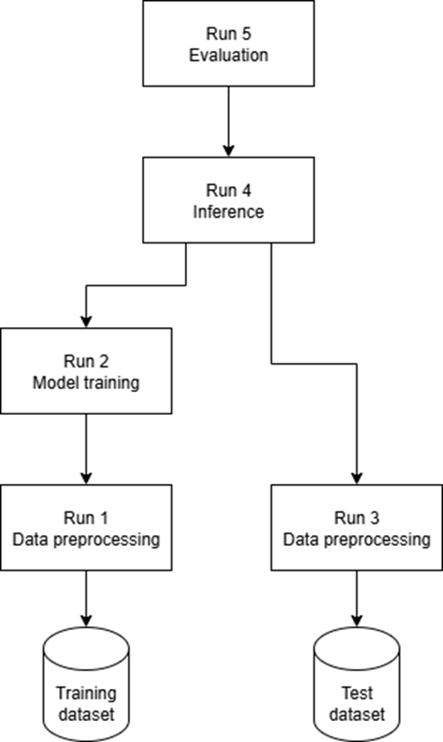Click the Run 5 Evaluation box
(229, 44)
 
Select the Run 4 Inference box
(229, 201)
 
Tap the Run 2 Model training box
(86, 371)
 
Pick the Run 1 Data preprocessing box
(86, 527)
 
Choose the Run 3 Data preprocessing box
(357, 527)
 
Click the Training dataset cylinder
(86, 685)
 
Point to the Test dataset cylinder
(357, 685)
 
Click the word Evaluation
(229, 55)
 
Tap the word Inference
(229, 211)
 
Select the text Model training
(86, 383)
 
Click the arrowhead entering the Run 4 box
(229, 150)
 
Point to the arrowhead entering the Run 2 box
(86, 321)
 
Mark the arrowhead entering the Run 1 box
(86, 478)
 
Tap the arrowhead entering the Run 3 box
(357, 478)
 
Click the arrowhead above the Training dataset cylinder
(86, 621)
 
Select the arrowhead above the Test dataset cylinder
(357, 621)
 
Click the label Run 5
(229, 34)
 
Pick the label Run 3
(357, 518)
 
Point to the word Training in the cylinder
(86, 694)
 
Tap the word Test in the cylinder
(357, 694)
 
